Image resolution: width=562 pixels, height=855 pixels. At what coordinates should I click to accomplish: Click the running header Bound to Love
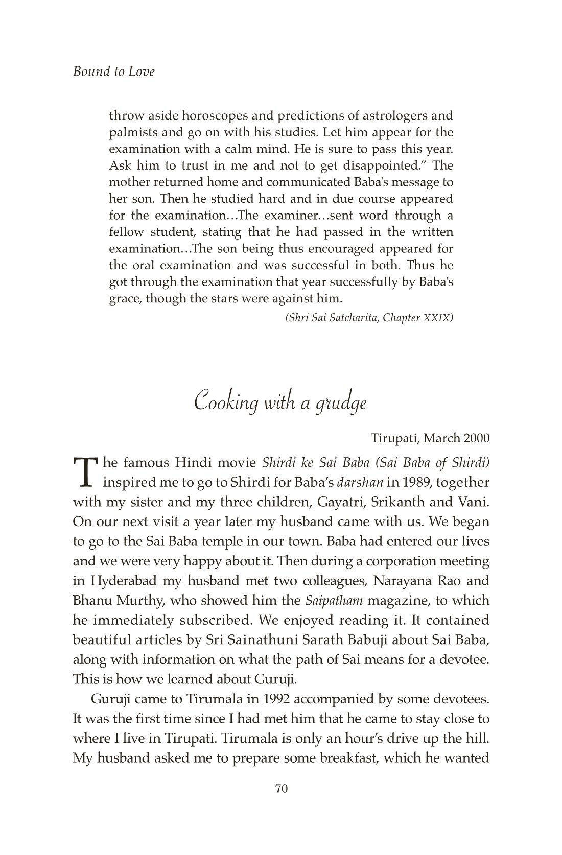[x=113, y=72]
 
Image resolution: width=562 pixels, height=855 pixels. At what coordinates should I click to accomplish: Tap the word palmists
[x=133, y=133]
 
